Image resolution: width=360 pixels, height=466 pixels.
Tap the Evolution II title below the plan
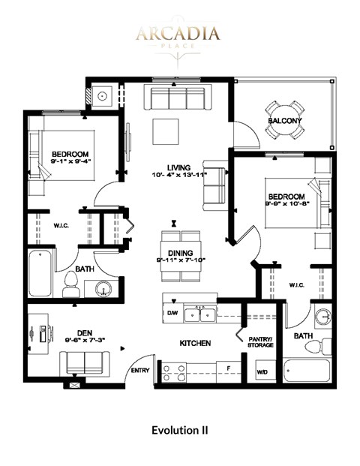pyautogui.click(x=179, y=430)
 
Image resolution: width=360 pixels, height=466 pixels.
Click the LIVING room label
pyautogui.click(x=178, y=167)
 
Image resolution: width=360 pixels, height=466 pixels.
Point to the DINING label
pyautogui.click(x=181, y=252)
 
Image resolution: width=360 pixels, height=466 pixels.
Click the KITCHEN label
pyautogui.click(x=193, y=343)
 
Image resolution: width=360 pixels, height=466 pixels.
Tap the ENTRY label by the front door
pyautogui.click(x=140, y=371)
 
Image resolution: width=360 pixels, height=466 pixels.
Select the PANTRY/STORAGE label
pyautogui.click(x=262, y=342)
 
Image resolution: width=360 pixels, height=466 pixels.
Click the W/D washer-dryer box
pyautogui.click(x=262, y=371)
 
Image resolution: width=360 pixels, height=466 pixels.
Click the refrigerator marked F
pyautogui.click(x=227, y=368)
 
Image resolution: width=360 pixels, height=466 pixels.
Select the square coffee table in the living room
pyautogui.click(x=166, y=132)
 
